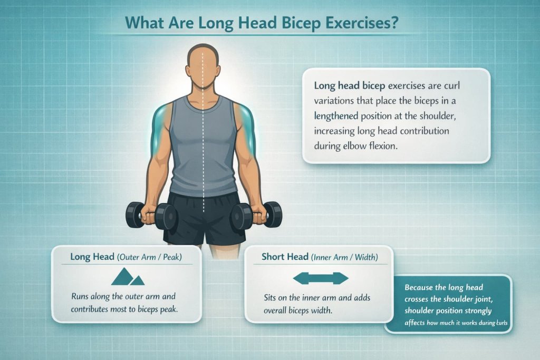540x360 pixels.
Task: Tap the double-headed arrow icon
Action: (321, 278)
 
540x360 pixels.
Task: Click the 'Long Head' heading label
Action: (93, 257)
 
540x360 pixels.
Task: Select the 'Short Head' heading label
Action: (285, 257)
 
